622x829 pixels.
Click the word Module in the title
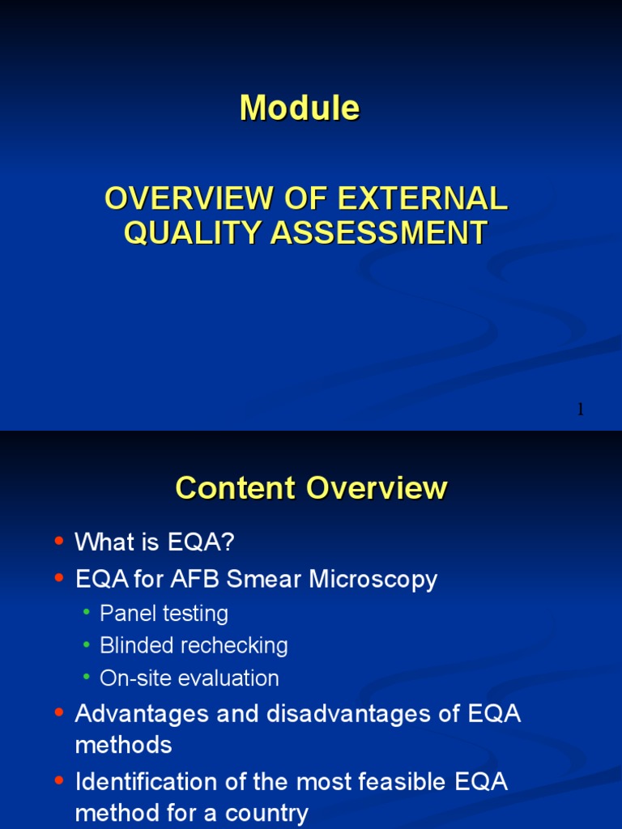click(300, 108)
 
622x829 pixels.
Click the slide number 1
click(580, 410)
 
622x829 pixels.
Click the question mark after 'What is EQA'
click(228, 542)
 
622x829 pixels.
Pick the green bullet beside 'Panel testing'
click(87, 613)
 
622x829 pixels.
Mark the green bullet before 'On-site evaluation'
click(87, 678)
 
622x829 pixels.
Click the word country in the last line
click(264, 813)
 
